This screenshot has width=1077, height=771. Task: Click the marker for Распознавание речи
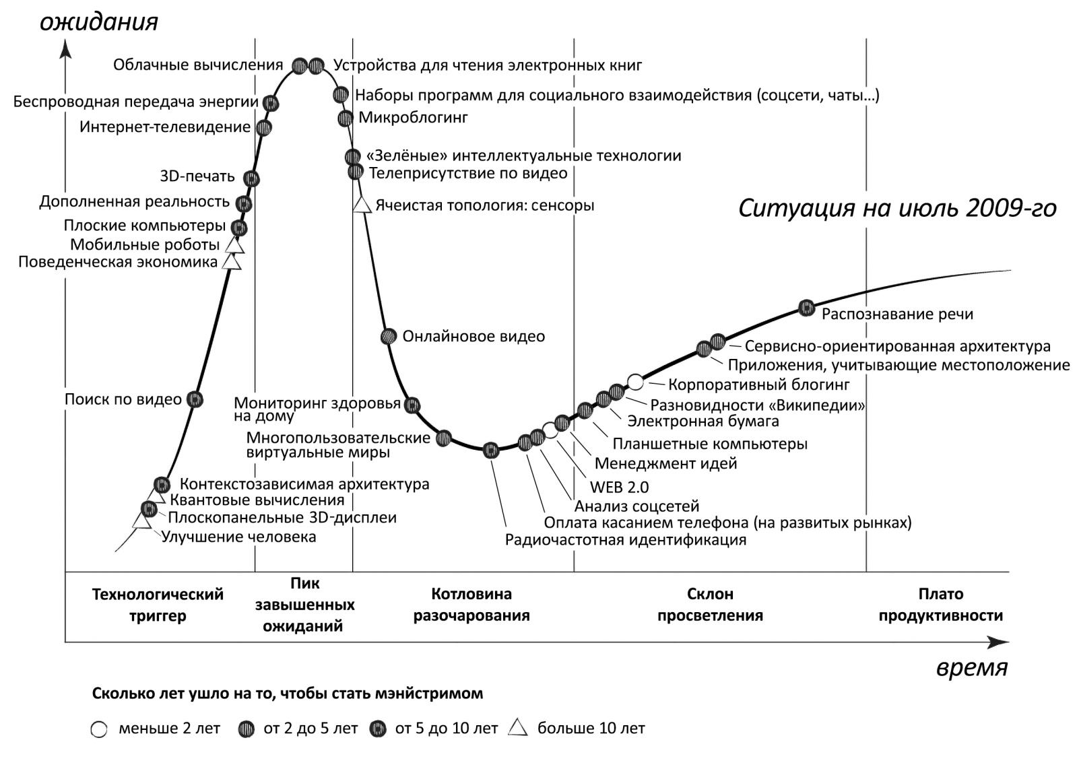point(806,308)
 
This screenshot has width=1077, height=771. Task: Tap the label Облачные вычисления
point(198,65)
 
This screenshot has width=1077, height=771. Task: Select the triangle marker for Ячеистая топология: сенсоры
point(362,204)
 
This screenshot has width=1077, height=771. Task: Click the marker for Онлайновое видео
point(388,336)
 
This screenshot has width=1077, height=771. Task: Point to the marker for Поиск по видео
point(195,399)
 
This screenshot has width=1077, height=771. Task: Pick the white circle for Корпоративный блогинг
point(635,382)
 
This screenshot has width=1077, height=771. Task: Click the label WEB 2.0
point(619,487)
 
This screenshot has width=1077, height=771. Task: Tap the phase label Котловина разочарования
point(471,605)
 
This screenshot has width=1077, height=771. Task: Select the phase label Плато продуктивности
point(940,605)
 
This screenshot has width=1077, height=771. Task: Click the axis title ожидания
point(99,22)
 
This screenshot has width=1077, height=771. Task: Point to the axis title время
point(971,668)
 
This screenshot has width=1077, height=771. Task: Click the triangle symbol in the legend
point(518,728)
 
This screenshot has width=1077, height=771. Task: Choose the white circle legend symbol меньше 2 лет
point(99,729)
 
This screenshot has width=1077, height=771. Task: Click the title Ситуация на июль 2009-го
point(897,208)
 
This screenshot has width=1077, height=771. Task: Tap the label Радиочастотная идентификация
point(626,540)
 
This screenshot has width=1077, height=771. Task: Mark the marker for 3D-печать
point(251,178)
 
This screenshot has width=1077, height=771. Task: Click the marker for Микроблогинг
point(345,119)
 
